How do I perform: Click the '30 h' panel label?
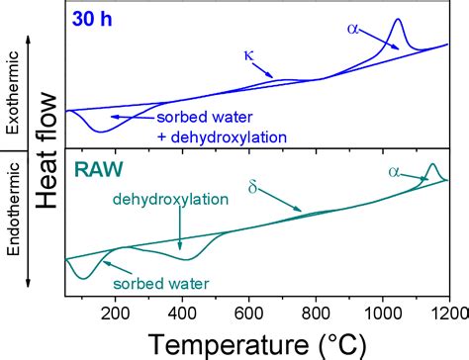click(x=96, y=18)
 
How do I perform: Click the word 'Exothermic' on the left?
click(x=13, y=88)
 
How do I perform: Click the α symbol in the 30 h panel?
click(x=353, y=30)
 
